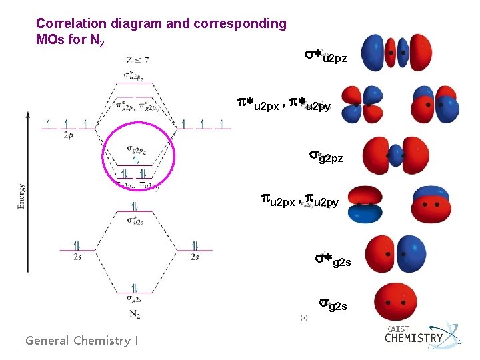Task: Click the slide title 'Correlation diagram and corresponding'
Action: click(x=161, y=24)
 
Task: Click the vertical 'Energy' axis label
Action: click(x=23, y=196)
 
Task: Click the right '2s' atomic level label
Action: click(x=194, y=257)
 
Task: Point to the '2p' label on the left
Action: click(x=69, y=135)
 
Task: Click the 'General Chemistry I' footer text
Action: click(x=82, y=341)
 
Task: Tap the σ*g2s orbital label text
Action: click(x=333, y=260)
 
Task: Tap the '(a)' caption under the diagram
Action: click(x=305, y=318)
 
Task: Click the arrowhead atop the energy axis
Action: click(x=27, y=115)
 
